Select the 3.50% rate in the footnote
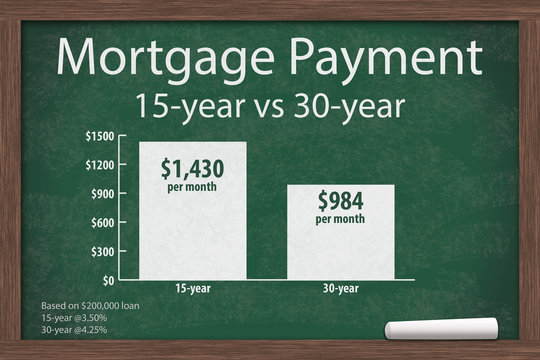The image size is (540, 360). [x=90, y=317]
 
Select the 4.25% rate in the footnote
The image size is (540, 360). [x=90, y=329]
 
